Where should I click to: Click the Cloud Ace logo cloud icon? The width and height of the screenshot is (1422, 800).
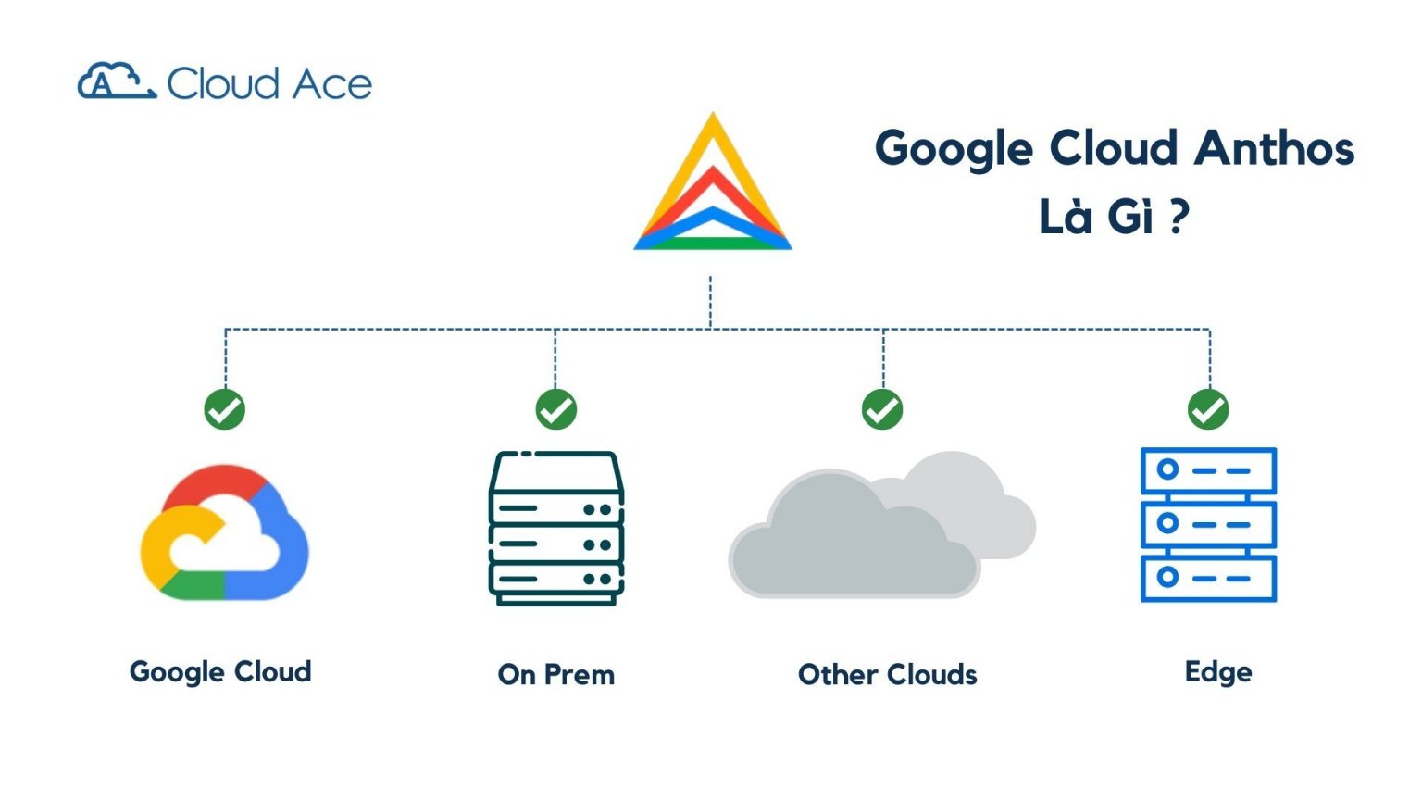116,81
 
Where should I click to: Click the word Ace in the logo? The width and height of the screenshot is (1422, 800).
333,85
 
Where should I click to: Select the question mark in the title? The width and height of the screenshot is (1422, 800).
1178,217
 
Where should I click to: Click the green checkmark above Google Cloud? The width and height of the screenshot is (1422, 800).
224,409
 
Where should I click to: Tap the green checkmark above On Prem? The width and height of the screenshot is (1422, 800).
555,409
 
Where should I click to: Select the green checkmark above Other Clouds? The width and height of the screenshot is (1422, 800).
882,409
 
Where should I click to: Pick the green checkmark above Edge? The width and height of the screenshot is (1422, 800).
1208,409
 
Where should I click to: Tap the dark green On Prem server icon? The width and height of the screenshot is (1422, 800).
555,528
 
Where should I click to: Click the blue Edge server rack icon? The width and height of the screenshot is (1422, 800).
1208,524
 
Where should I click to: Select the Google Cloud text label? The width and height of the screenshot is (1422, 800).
220,672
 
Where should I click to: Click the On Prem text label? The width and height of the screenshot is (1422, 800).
555,675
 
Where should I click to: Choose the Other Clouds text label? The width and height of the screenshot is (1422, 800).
887,675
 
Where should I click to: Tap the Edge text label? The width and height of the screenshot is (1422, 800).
1217,672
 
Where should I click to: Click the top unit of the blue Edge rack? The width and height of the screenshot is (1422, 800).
1208,470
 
